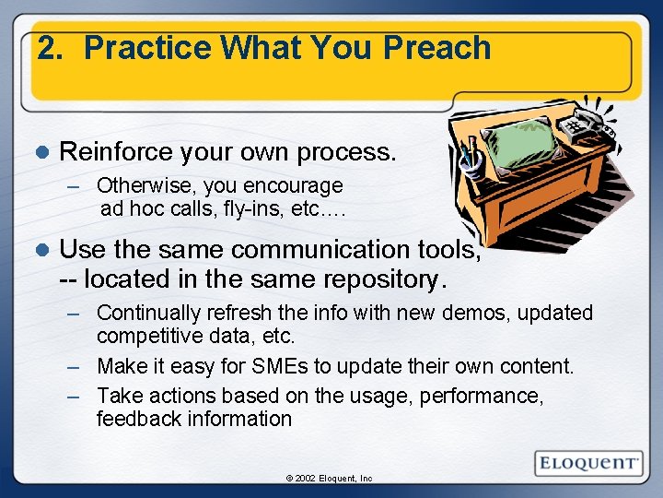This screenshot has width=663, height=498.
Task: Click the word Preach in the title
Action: tap(437, 48)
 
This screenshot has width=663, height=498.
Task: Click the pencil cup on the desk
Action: tap(471, 160)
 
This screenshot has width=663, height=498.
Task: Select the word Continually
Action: tap(148, 314)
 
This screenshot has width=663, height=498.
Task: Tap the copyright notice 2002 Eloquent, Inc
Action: tap(329, 479)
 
